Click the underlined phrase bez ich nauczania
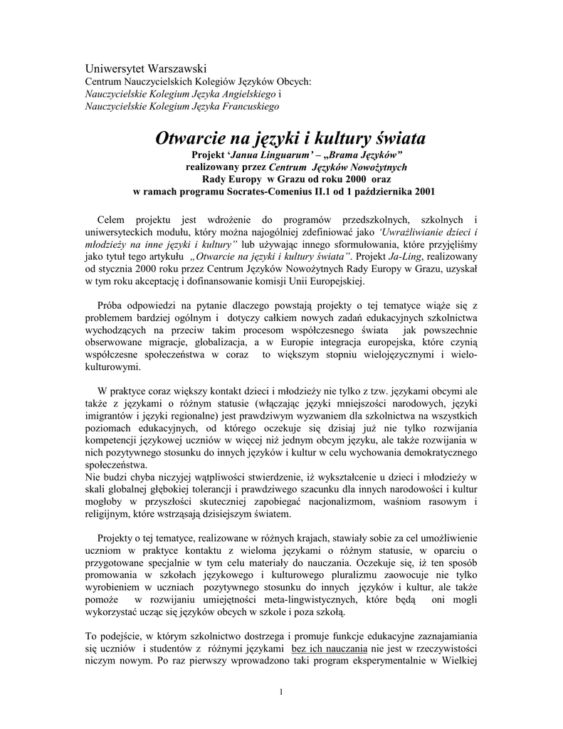coord(329,649)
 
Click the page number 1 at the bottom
coord(281,692)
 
